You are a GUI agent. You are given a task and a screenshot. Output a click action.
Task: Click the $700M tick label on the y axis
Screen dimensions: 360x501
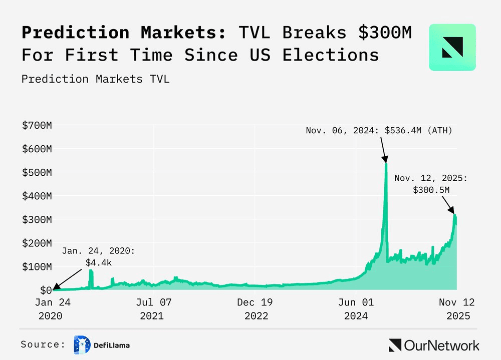(x=37, y=125)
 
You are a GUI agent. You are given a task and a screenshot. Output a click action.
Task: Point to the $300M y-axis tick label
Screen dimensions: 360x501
(x=37, y=219)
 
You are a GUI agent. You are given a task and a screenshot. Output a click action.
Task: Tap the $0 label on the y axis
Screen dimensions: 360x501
(x=46, y=290)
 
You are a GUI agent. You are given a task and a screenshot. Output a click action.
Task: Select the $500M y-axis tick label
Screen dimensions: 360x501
(x=37, y=172)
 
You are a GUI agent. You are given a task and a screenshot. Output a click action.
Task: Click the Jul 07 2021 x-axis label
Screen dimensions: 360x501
(x=154, y=309)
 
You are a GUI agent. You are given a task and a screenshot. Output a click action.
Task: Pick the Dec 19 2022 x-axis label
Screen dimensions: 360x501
(x=256, y=309)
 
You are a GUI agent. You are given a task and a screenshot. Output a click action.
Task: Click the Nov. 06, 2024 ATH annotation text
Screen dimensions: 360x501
(x=379, y=131)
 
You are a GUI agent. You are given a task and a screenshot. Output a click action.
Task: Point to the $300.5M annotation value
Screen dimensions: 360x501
(x=431, y=190)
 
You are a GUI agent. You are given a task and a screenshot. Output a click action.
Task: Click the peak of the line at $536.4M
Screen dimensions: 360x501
(x=386, y=163)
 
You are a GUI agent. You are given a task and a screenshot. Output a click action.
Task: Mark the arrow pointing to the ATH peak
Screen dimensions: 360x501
(x=383, y=149)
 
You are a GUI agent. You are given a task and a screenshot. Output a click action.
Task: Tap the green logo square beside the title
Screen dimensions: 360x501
(x=452, y=47)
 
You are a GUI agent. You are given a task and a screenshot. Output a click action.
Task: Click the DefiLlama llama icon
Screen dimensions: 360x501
(x=82, y=344)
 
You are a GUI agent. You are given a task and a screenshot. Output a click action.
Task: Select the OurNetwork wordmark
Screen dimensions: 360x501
(x=434, y=345)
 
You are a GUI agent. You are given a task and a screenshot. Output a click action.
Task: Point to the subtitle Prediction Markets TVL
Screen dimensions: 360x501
(x=95, y=79)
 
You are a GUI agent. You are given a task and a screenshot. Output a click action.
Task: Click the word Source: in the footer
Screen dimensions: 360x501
(x=44, y=344)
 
